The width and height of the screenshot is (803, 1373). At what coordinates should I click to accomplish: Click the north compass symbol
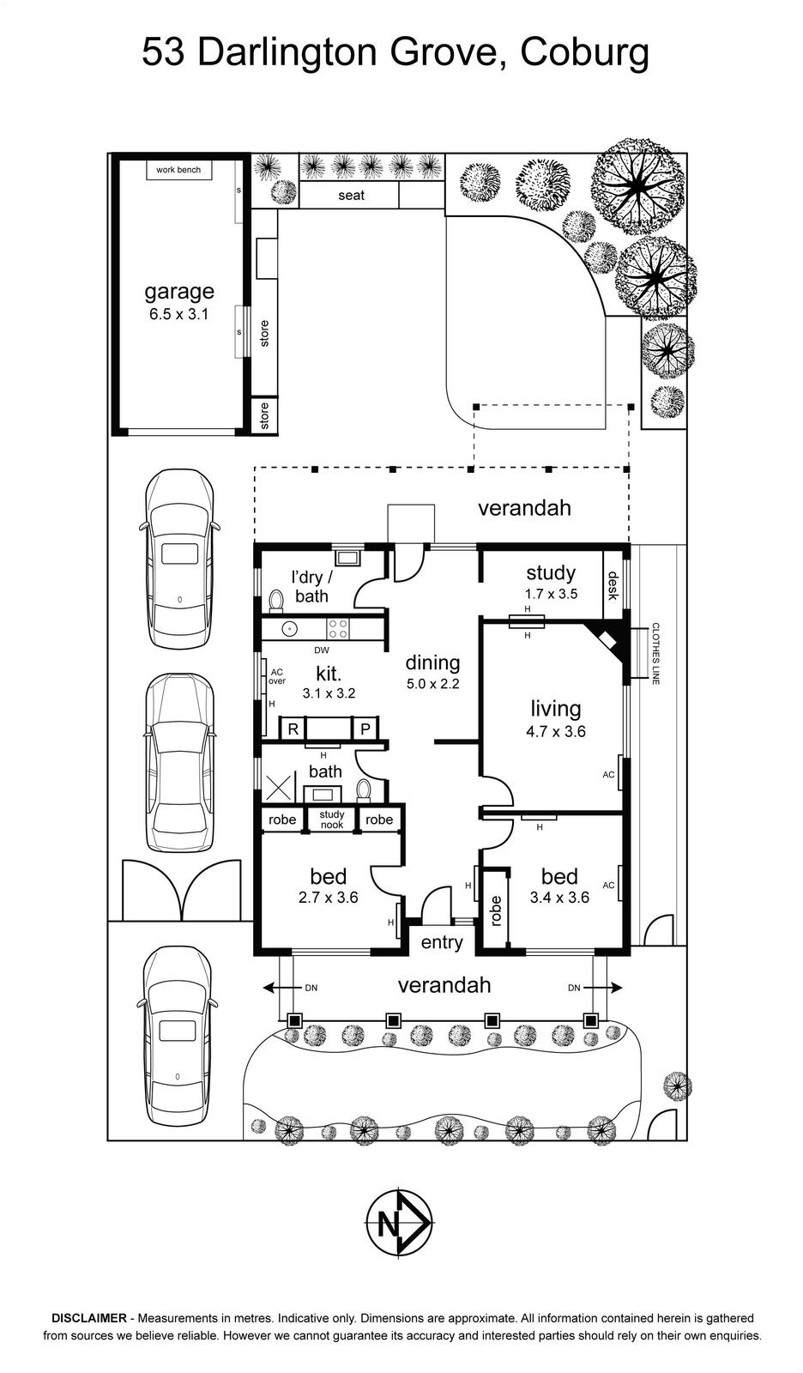coord(400,1224)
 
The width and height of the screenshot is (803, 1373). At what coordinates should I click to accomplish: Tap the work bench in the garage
coord(178,170)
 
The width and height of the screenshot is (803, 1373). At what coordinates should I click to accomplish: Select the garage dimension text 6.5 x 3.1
coord(179,314)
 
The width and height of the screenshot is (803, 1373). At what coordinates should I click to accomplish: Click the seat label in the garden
coord(351,195)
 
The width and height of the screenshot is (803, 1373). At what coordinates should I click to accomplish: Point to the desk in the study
coord(613,585)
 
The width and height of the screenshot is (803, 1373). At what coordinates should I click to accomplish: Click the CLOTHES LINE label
coord(655,654)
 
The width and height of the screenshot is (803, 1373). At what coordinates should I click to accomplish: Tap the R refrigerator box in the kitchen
coord(293,729)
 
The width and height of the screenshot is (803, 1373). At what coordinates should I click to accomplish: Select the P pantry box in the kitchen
coord(365,729)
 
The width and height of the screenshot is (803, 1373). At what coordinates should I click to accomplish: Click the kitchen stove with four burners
coord(338,629)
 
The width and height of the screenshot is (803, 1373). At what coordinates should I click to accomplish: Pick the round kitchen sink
coord(290,629)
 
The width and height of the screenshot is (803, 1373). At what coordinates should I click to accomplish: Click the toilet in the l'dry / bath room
coord(276,601)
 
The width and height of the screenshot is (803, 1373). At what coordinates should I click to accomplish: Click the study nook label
coord(332,820)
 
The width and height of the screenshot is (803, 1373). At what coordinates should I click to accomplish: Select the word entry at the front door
coord(442,942)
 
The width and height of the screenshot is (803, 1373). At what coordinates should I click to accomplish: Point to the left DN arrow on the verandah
coord(285,988)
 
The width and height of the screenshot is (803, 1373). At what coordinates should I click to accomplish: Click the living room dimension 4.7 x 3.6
coord(556,731)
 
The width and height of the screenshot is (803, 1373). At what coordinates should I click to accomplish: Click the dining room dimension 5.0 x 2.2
coord(432,683)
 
